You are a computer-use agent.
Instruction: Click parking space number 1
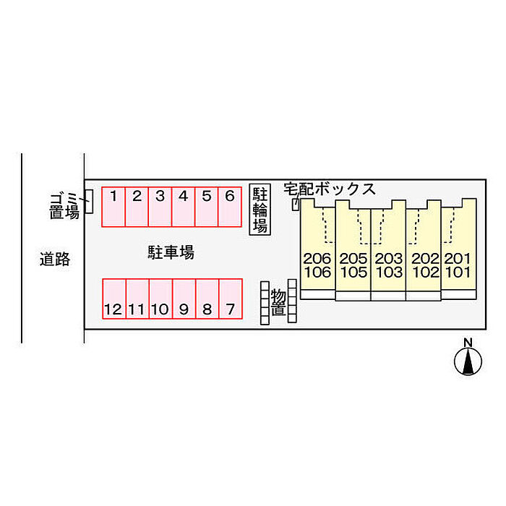pyautogui.click(x=113, y=206)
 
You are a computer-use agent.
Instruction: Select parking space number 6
pyautogui.click(x=230, y=206)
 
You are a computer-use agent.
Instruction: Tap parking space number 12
pyautogui.click(x=113, y=299)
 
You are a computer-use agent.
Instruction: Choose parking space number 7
pyautogui.click(x=230, y=299)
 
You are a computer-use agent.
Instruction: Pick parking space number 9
pyautogui.click(x=184, y=299)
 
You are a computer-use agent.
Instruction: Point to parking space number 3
pyautogui.click(x=160, y=206)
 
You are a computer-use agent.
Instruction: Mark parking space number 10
pyautogui.click(x=160, y=299)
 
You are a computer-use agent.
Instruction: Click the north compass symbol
pyautogui.click(x=468, y=359)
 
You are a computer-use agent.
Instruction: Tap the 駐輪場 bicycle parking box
pyautogui.click(x=260, y=209)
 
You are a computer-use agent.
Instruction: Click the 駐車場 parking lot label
pyautogui.click(x=171, y=252)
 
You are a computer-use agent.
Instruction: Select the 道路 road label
pyautogui.click(x=55, y=259)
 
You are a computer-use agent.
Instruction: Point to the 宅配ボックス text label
pyautogui.click(x=330, y=189)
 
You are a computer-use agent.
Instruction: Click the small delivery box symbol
pyautogui.click(x=295, y=205)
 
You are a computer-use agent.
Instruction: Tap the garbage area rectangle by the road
pyautogui.click(x=89, y=202)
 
